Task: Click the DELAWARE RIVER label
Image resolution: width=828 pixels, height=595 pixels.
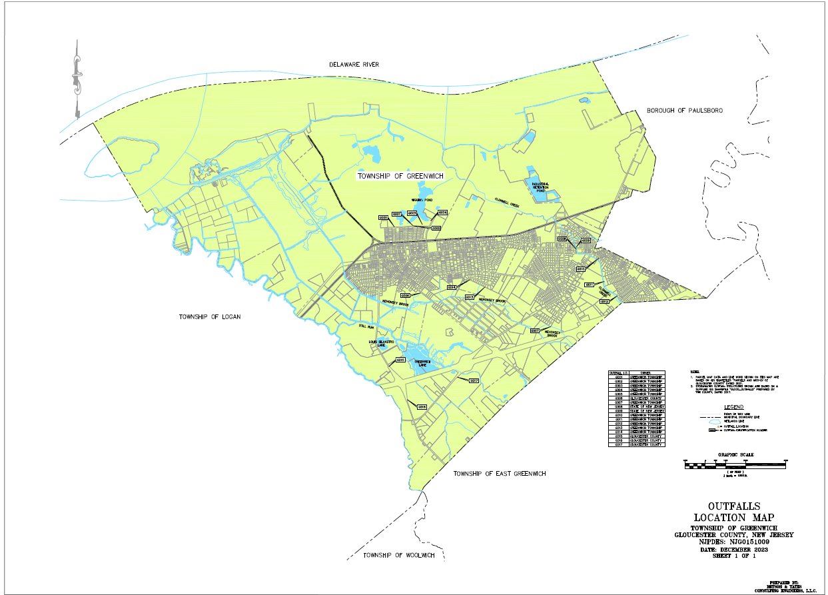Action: tap(354, 65)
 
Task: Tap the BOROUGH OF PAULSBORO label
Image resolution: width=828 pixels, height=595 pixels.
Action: tap(685, 110)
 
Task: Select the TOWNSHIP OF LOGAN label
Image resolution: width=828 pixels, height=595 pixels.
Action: tap(209, 316)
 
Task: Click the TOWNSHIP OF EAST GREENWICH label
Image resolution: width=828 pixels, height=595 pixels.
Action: tap(500, 474)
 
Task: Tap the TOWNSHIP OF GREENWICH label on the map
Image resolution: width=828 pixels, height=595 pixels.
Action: tap(400, 176)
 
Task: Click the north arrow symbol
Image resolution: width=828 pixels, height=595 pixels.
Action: tap(77, 80)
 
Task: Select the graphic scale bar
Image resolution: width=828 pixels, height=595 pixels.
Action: tap(735, 465)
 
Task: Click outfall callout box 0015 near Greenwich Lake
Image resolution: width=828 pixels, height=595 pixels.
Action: tap(401, 359)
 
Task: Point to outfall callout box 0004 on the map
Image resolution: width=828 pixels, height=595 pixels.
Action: tap(442, 213)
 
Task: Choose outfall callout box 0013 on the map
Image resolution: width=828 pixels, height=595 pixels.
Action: tap(469, 297)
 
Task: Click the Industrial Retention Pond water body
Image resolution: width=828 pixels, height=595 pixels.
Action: tap(540, 189)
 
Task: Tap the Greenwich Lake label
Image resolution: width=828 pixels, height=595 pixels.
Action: tap(418, 364)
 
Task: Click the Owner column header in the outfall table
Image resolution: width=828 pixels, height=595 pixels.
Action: tap(645, 373)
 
